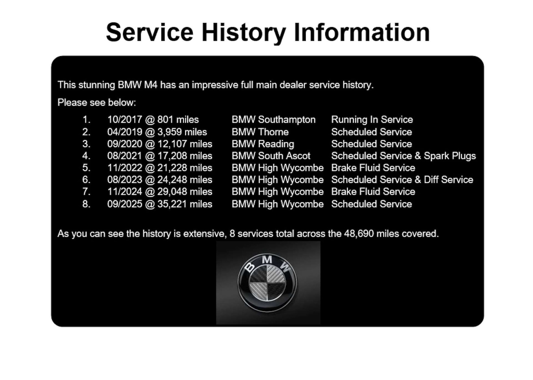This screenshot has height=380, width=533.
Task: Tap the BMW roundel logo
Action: pyautogui.click(x=268, y=282)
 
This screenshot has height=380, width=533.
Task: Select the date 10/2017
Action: pyautogui.click(x=125, y=120)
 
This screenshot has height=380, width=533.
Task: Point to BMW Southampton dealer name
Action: pyautogui.click(x=274, y=120)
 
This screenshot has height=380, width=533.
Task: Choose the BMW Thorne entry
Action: pyautogui.click(x=260, y=132)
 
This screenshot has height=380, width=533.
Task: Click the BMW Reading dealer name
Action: pyautogui.click(x=263, y=144)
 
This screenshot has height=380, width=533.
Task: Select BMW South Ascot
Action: pyautogui.click(x=271, y=156)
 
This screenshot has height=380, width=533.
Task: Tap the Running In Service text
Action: pyautogui.click(x=372, y=120)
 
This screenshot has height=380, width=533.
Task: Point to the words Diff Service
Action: pyautogui.click(x=448, y=180)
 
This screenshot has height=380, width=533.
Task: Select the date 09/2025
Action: pyautogui.click(x=125, y=204)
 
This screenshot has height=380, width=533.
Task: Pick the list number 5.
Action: pyautogui.click(x=86, y=168)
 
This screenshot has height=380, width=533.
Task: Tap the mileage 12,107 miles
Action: pyautogui.click(x=185, y=144)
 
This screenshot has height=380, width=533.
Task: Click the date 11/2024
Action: pyautogui.click(x=125, y=192)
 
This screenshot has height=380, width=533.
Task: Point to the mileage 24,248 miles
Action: pyautogui.click(x=185, y=180)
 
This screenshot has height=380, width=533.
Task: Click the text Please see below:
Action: pyautogui.click(x=97, y=103)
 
